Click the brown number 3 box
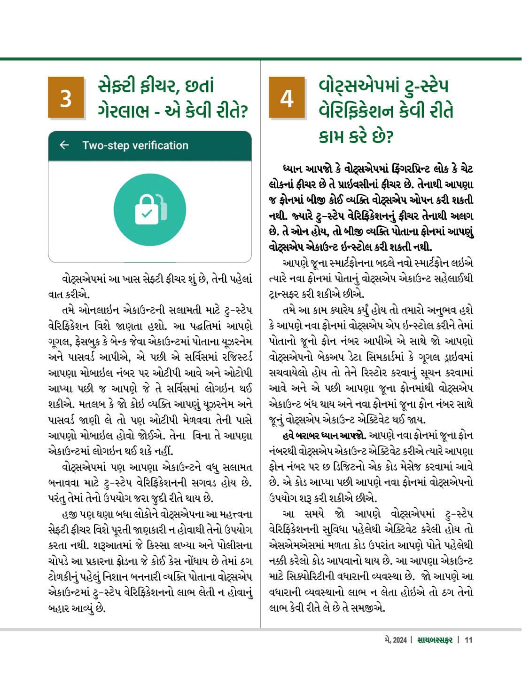[66, 98]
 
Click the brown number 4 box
[287, 98]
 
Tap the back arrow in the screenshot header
[64, 145]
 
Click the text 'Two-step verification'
[135, 145]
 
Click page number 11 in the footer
[469, 640]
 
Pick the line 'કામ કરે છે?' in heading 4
[356, 137]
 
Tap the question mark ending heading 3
[243, 112]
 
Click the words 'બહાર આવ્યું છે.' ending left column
[77, 608]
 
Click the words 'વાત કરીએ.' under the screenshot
[69, 295]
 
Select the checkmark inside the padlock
[147, 214]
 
